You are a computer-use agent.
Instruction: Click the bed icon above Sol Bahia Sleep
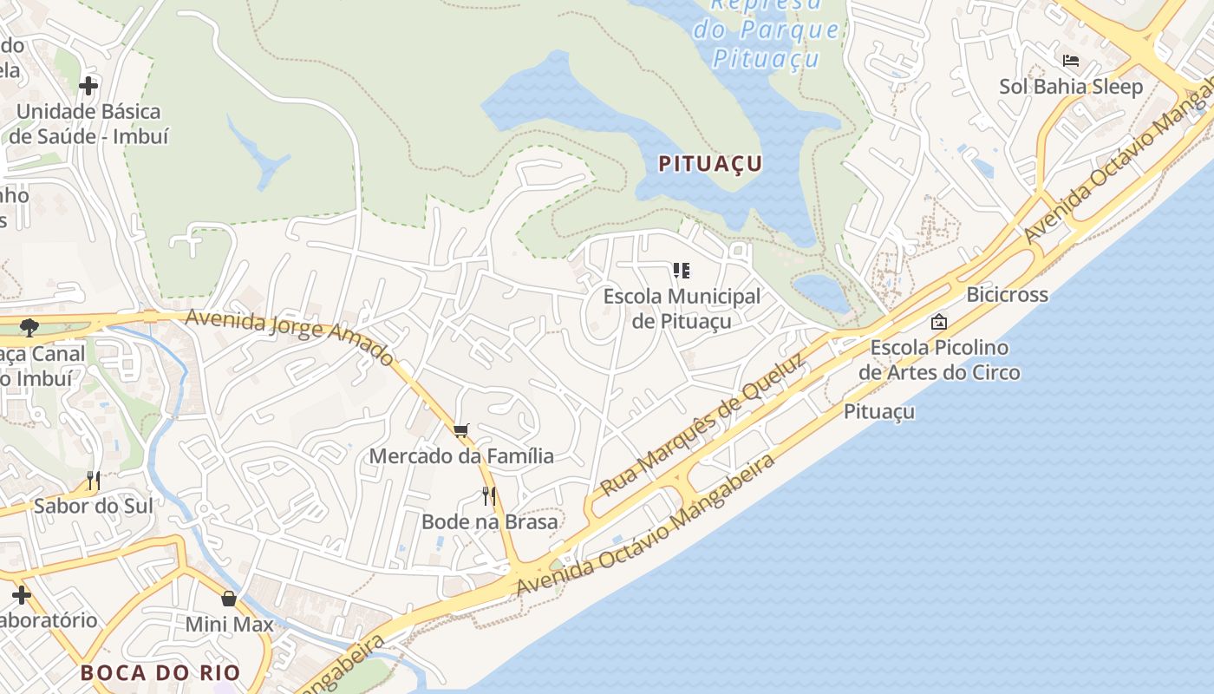click(x=1071, y=60)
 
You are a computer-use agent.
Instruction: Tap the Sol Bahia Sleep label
click(x=1071, y=87)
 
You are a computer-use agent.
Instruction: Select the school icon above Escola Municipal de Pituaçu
click(x=682, y=271)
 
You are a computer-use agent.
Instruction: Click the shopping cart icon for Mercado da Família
click(x=461, y=430)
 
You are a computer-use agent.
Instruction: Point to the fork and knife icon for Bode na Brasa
click(x=489, y=495)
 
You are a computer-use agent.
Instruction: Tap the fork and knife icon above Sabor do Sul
click(x=94, y=480)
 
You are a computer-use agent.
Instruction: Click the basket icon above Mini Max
click(x=229, y=599)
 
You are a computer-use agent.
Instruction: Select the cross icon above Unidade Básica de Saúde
click(x=88, y=86)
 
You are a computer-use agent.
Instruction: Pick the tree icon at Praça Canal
click(x=29, y=328)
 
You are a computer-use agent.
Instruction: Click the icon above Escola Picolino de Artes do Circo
click(x=938, y=322)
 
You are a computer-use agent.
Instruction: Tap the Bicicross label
click(x=1007, y=295)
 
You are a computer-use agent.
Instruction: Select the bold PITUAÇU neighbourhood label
click(x=710, y=163)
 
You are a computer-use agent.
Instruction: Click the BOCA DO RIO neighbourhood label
click(x=160, y=672)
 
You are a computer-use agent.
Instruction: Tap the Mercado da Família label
click(x=461, y=456)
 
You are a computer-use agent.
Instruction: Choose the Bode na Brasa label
click(x=489, y=521)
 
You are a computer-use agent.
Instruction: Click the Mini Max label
click(x=229, y=625)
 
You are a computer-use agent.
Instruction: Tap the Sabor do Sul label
click(x=94, y=506)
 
